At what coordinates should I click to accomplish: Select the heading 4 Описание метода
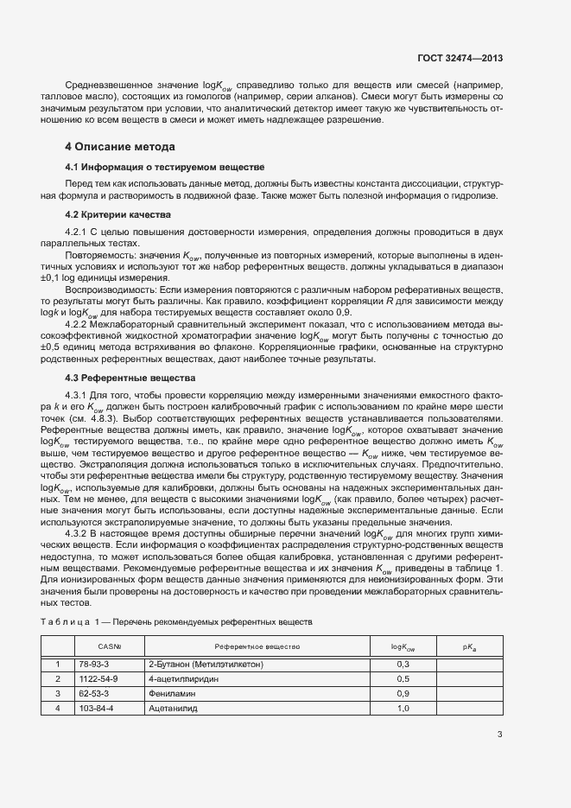tap(120, 146)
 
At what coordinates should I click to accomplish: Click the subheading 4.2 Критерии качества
tap(119, 213)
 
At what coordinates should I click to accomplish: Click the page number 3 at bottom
tap(500, 735)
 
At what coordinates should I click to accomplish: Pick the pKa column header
tap(468, 646)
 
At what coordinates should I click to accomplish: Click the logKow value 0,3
tap(403, 664)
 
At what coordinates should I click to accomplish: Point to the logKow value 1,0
tap(403, 708)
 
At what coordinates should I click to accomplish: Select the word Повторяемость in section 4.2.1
tap(98, 256)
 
